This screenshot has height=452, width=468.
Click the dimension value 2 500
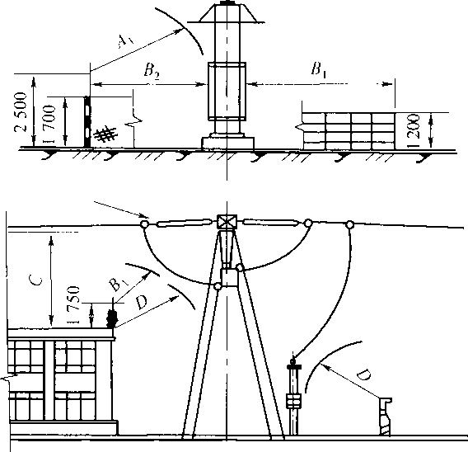[21, 111]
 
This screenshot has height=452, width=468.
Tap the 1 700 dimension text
[49, 124]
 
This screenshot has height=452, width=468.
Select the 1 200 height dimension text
[416, 130]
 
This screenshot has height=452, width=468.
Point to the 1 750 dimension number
[73, 305]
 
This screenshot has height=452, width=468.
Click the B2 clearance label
[152, 72]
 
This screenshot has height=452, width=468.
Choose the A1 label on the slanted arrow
[124, 40]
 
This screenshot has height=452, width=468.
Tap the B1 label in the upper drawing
[318, 69]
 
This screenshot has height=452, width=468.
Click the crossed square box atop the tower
[227, 222]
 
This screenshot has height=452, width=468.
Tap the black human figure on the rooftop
[112, 313]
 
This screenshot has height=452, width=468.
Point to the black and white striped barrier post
[87, 121]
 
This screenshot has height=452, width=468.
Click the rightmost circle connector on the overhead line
[349, 224]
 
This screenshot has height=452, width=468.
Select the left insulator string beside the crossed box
[183, 223]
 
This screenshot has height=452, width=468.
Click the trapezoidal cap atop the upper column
[227, 12]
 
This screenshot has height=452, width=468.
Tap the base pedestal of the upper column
[228, 143]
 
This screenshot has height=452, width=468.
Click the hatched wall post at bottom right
[385, 417]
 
